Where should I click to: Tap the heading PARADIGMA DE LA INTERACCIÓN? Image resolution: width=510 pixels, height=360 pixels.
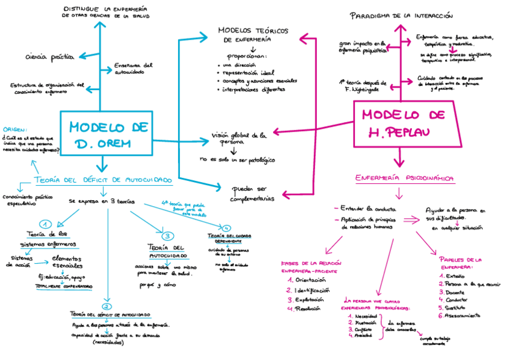[401, 16]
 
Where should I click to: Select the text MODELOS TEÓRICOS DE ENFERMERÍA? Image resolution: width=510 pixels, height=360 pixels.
[253, 34]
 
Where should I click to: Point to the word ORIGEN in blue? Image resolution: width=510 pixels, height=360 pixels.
[14, 129]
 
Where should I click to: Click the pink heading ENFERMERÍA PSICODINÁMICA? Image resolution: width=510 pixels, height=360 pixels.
[404, 178]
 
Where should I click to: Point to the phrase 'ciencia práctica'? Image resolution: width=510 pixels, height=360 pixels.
[50, 56]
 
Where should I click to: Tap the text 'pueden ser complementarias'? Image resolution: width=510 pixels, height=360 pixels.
[252, 192]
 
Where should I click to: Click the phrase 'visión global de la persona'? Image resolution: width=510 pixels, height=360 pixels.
[239, 139]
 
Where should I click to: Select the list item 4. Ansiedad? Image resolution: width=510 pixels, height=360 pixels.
[362, 335]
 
